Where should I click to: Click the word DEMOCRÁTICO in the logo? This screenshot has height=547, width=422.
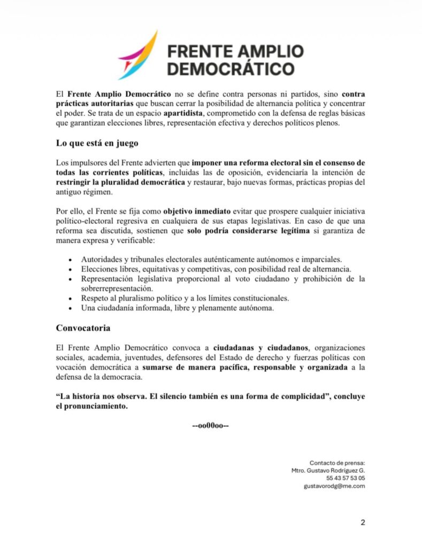pyautogui.click(x=231, y=69)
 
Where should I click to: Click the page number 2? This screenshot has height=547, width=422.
pyautogui.click(x=363, y=522)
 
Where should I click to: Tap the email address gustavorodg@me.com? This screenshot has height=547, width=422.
pyautogui.click(x=334, y=486)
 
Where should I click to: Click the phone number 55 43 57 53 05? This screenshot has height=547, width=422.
pyautogui.click(x=346, y=478)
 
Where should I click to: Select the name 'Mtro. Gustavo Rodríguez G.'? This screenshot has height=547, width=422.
pyautogui.click(x=328, y=470)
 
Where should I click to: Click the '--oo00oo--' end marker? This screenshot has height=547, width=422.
pyautogui.click(x=211, y=426)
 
